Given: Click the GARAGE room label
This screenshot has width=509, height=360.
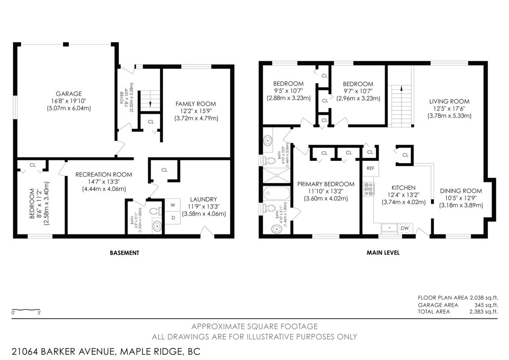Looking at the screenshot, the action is pos(69,94).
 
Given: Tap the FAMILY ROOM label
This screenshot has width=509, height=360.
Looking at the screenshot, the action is pos(196,104).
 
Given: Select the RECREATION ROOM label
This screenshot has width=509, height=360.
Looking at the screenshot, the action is pos(103,174).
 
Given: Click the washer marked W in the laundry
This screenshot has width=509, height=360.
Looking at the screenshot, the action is pos(173,205).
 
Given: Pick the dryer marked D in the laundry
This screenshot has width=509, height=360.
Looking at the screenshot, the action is pos(173,218).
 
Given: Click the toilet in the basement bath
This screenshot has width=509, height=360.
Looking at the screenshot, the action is pos(156,211).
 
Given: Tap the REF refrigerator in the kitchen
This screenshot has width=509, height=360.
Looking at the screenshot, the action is pos(370,168).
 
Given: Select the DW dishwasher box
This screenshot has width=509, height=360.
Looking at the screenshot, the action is pos(405,228).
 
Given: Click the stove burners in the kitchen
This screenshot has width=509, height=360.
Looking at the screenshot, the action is pos(369,189).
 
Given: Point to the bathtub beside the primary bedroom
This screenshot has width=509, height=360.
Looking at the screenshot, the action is pos(277,193).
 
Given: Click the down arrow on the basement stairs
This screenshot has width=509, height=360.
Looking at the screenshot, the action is pos(150,104).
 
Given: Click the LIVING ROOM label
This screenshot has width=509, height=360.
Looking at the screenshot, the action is pos(449,101).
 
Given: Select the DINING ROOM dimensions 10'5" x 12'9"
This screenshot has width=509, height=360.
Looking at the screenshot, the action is pos(461,198).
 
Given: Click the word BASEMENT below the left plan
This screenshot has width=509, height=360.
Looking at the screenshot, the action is pos(124,253).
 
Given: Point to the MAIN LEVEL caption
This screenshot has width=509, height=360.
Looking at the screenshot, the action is pos(383,253).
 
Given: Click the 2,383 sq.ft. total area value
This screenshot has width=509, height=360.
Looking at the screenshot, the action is pos(484,312).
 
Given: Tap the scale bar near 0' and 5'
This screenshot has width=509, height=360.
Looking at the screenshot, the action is pos(26,309).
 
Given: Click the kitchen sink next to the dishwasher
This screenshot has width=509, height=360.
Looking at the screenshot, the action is pos(389,228).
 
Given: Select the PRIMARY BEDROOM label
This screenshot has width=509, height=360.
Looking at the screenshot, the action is pos(326,184).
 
